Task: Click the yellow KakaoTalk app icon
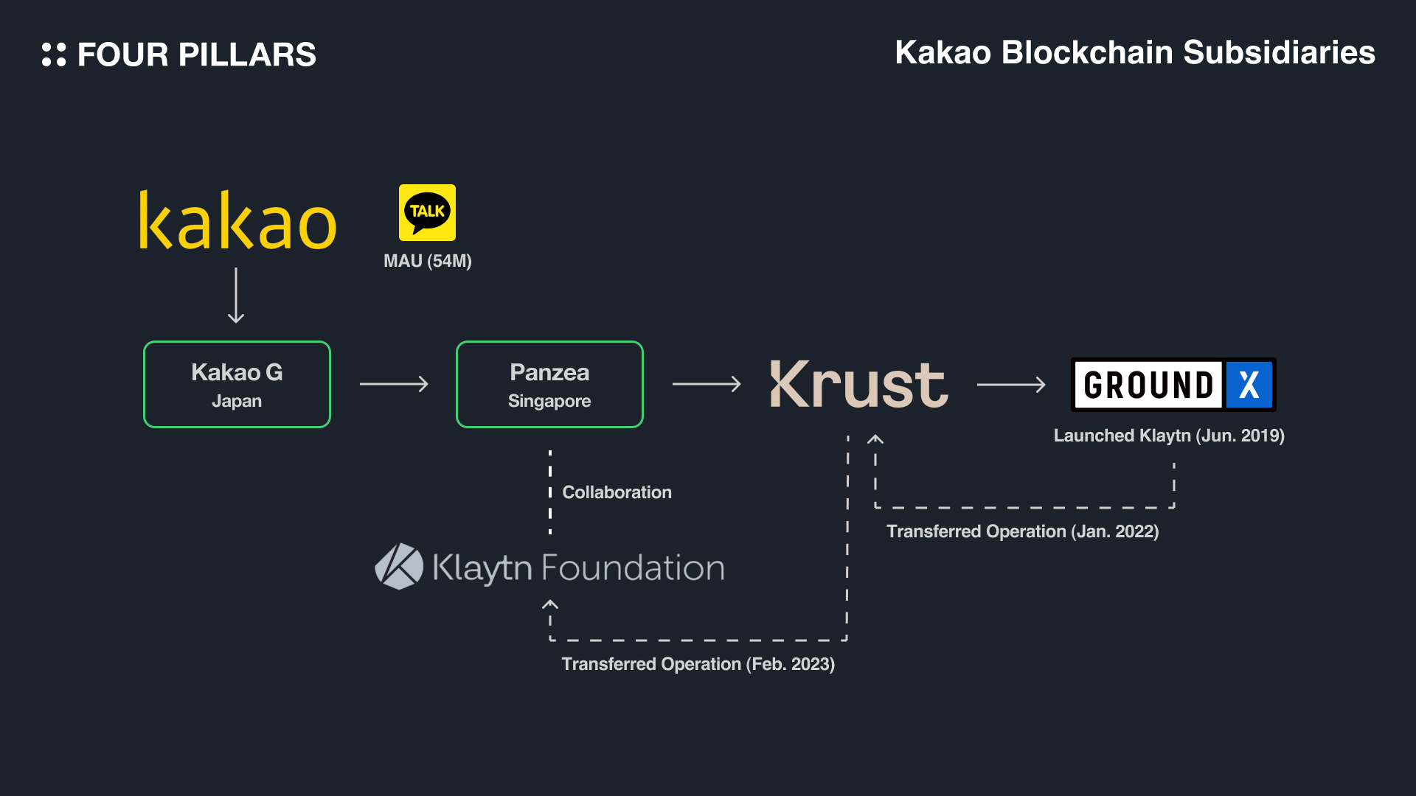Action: coord(427,212)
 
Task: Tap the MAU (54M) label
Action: coord(428,261)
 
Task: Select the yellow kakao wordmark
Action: coord(237,221)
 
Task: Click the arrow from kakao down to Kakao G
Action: coord(236,295)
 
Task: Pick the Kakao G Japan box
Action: coord(237,384)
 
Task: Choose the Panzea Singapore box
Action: coord(549,384)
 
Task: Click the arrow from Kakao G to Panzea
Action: coord(394,384)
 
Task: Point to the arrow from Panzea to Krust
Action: coord(707,384)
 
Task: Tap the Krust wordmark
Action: coord(859,384)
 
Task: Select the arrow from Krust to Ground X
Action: coord(1011,384)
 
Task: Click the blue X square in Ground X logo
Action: coord(1249,385)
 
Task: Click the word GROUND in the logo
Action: coord(1148,385)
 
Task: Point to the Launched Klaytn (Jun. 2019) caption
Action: coord(1169,436)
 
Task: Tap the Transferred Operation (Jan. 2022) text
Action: coord(1022,531)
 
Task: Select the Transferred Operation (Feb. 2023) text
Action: coord(698,664)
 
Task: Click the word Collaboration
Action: coord(617,492)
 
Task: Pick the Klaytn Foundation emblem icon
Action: coord(399,567)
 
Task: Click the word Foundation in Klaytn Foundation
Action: coord(633,568)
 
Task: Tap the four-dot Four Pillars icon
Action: coord(54,55)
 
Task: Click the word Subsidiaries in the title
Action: coord(1279,53)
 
